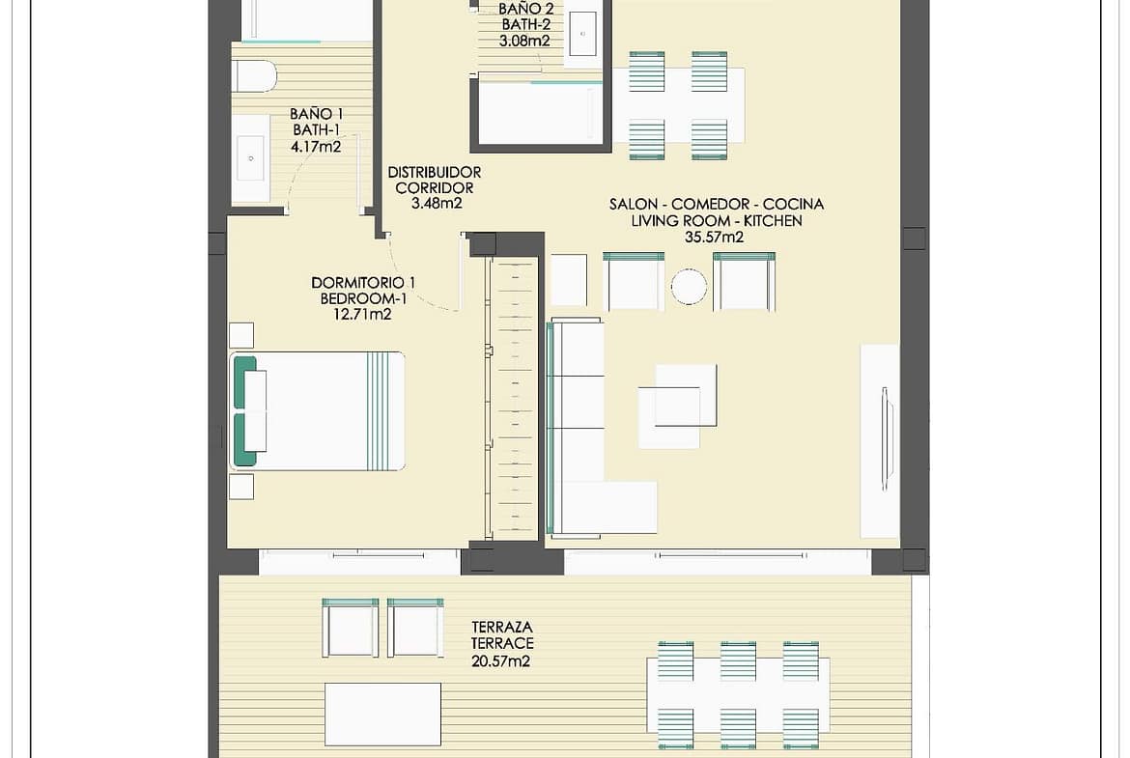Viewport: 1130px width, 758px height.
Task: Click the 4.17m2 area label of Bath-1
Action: (x=316, y=147)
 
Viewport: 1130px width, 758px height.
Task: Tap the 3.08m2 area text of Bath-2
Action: (x=524, y=42)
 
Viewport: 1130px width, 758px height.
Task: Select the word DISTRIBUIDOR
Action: (x=435, y=172)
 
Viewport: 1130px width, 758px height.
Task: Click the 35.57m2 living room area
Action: (x=714, y=237)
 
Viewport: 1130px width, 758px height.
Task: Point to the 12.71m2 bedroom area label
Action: (x=362, y=314)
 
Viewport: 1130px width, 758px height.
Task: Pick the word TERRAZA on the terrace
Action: (x=502, y=627)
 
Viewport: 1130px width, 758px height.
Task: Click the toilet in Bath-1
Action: (x=254, y=76)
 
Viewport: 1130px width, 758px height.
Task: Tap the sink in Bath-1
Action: (x=250, y=157)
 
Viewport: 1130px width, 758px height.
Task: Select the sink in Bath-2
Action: (x=582, y=33)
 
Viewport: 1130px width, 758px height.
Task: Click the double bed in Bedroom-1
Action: (x=317, y=411)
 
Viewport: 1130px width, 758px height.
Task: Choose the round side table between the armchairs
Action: (x=689, y=287)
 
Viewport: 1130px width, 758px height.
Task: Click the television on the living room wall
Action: (x=885, y=439)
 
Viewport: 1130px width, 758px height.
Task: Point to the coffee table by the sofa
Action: (x=677, y=406)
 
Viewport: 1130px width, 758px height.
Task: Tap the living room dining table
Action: (x=678, y=105)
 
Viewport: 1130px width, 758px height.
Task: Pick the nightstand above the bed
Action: (x=241, y=335)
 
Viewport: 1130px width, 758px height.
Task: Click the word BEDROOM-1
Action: (x=363, y=298)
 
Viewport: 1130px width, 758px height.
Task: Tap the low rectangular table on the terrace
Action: (x=382, y=714)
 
